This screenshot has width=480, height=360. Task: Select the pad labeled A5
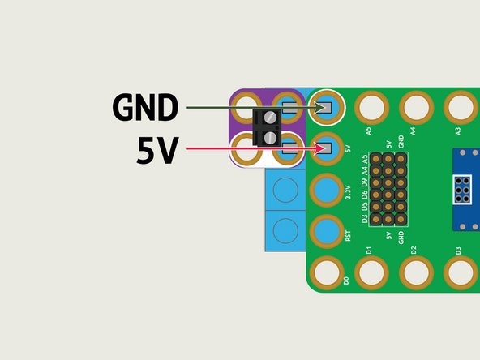pyautogui.click(x=371, y=107)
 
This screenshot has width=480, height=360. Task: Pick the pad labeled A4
pyautogui.click(x=416, y=107)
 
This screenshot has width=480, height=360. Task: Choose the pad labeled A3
pyautogui.click(x=461, y=107)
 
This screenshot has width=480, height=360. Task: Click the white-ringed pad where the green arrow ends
pyautogui.click(x=326, y=107)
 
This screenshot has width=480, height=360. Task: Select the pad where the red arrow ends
pyautogui.click(x=326, y=148)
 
